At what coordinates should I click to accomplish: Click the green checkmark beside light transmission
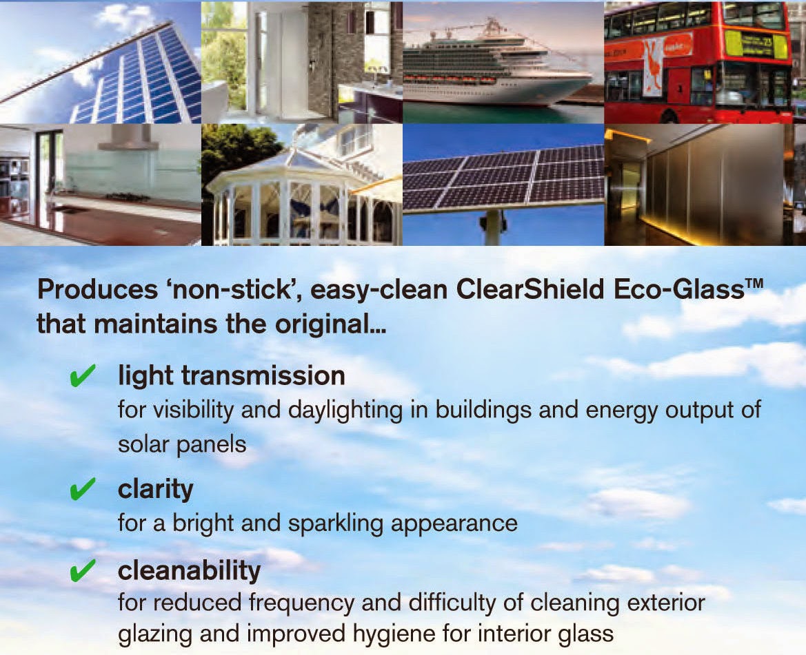point(82,377)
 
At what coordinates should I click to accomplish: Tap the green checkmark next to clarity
point(82,490)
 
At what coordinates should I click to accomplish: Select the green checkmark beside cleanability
point(82,571)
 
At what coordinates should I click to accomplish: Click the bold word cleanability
point(189,570)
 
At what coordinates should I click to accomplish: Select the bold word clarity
point(155,490)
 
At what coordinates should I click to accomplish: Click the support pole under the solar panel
point(493,227)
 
